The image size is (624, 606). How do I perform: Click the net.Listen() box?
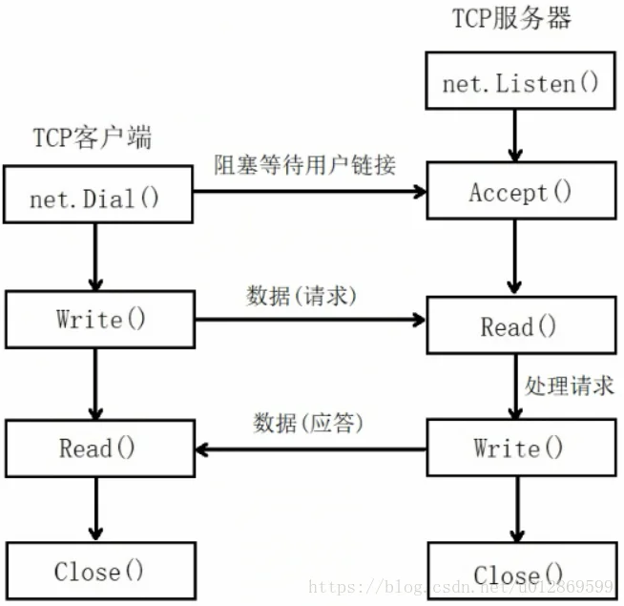coord(521,80)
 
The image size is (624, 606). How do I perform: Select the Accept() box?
coord(522,190)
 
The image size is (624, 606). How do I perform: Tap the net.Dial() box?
coord(98,195)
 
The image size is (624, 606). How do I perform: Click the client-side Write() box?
coord(100,320)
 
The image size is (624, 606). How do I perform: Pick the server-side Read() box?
coord(522,324)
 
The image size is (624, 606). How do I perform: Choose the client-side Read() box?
coord(100,449)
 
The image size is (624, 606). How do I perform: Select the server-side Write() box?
coord(522,448)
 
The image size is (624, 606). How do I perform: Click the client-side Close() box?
coord(101,571)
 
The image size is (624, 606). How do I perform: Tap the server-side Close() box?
coord(523,571)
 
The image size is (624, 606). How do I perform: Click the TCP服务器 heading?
coord(511,18)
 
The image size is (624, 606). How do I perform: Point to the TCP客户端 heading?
coord(93,137)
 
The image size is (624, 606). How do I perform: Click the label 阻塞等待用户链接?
coord(304,165)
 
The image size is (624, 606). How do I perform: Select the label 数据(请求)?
coord(302,296)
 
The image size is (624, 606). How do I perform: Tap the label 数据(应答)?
coord(308,423)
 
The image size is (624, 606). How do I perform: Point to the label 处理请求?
coord(569,386)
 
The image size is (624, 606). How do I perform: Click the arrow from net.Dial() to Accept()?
coord(309,192)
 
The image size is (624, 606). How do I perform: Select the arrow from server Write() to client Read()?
coord(311,449)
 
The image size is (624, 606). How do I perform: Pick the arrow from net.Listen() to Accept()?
coord(515,136)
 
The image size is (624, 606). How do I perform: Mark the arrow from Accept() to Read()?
coord(514,258)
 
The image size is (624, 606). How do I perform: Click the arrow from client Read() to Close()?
coord(96,510)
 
